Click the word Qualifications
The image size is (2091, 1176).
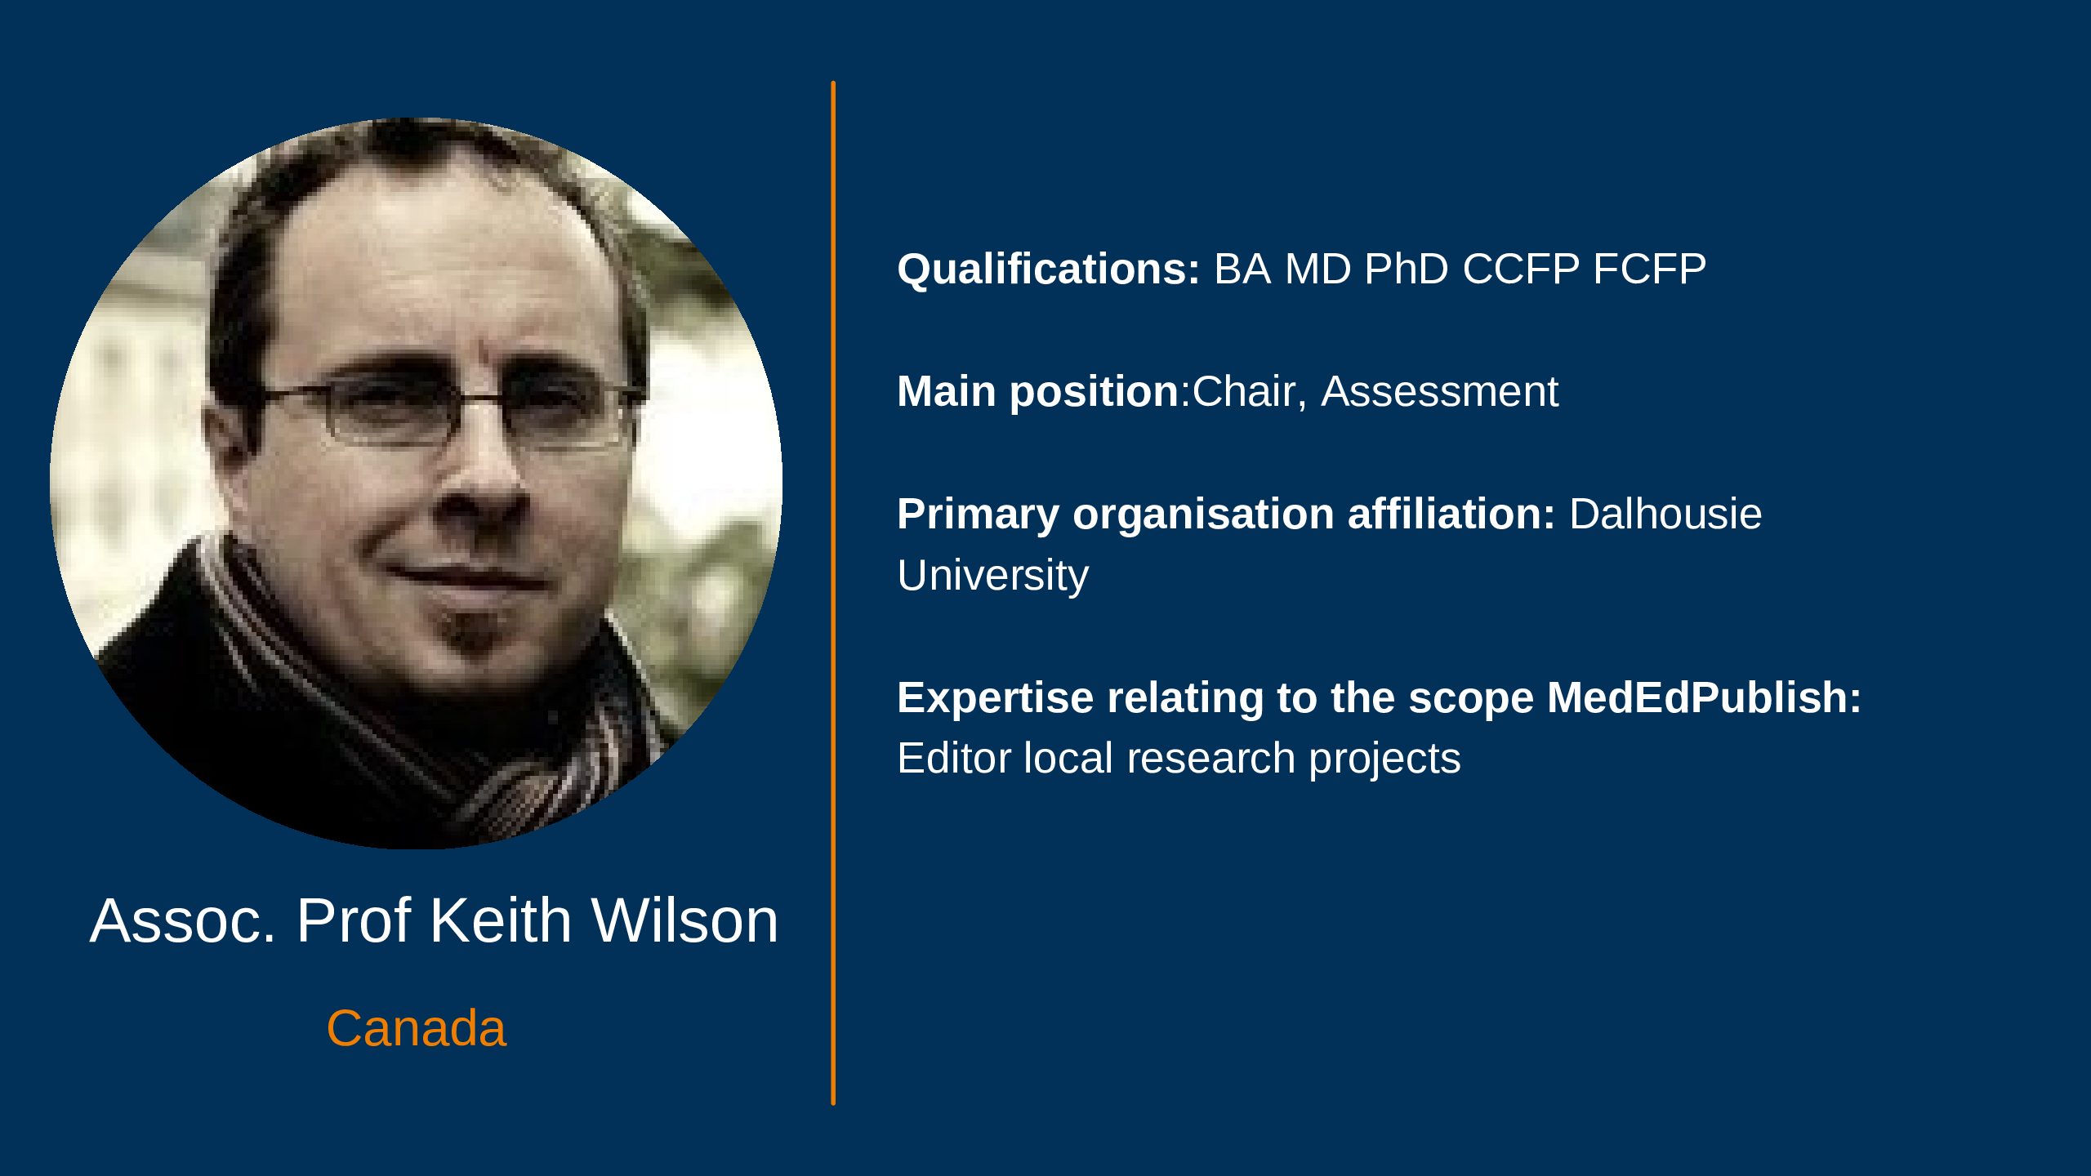click(1048, 269)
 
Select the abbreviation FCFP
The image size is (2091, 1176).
click(1650, 269)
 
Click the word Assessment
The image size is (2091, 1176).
click(1440, 392)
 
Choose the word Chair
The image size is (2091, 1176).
click(1245, 392)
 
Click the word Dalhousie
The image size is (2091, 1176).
click(1665, 514)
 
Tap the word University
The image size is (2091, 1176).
click(993, 577)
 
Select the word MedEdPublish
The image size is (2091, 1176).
click(1703, 698)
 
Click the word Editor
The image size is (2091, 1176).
click(954, 759)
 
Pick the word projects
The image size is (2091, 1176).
click(1385, 760)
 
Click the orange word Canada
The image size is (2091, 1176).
click(417, 1028)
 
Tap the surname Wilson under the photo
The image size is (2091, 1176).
click(685, 921)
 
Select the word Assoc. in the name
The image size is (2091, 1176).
click(183, 921)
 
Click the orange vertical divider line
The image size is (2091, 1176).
click(833, 593)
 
